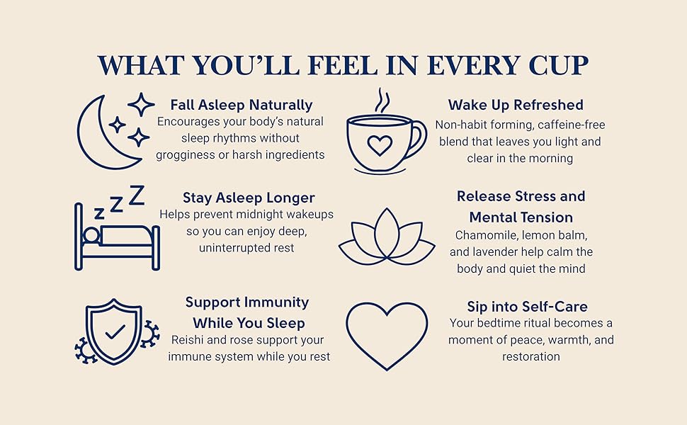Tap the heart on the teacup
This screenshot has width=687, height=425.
coord(380,146)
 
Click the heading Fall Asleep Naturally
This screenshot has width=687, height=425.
coord(242,105)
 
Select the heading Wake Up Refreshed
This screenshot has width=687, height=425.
coord(516,105)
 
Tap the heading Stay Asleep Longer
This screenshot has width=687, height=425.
coord(249,198)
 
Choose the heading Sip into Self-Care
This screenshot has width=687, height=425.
coord(527,307)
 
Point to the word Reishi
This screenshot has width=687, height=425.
coord(188,340)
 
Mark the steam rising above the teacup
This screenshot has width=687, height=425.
coord(382,101)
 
